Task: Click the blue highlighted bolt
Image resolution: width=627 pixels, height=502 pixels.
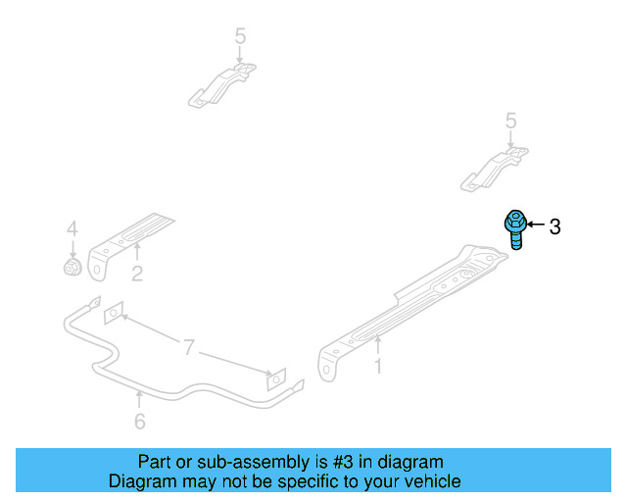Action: point(514,231)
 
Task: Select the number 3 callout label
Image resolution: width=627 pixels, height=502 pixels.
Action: point(555,227)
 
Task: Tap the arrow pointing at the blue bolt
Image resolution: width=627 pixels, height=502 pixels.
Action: point(536,226)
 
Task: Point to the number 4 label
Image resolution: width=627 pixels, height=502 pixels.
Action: point(72,228)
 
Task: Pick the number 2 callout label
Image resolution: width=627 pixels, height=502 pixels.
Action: point(137,275)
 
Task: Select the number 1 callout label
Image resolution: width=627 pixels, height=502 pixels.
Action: point(376,368)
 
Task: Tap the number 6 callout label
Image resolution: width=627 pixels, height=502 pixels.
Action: point(139,422)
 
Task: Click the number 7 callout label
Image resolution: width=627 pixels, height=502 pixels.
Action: point(186,346)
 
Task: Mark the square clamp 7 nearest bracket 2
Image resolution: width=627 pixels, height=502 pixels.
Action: point(114,311)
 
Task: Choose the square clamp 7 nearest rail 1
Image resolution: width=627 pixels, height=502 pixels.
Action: point(277,379)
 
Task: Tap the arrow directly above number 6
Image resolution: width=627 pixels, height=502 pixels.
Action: point(139,397)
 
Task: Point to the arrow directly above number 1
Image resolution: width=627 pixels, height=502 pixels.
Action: point(376,343)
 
